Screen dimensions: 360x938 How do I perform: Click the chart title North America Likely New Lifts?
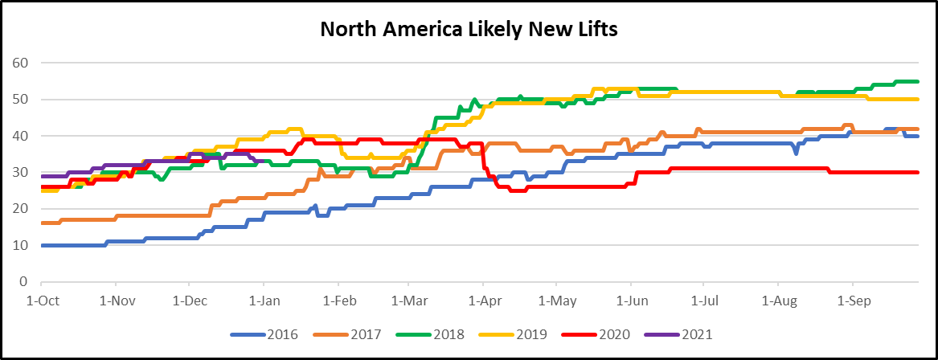469,29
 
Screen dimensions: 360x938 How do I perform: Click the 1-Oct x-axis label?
41,301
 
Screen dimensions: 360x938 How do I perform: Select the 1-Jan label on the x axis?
264,301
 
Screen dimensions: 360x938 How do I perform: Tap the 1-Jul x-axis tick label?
703,301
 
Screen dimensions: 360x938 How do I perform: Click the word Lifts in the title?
593,29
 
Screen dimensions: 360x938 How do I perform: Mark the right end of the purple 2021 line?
264,162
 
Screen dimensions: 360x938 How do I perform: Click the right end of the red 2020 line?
918,173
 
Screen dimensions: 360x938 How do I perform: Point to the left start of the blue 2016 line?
41,245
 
